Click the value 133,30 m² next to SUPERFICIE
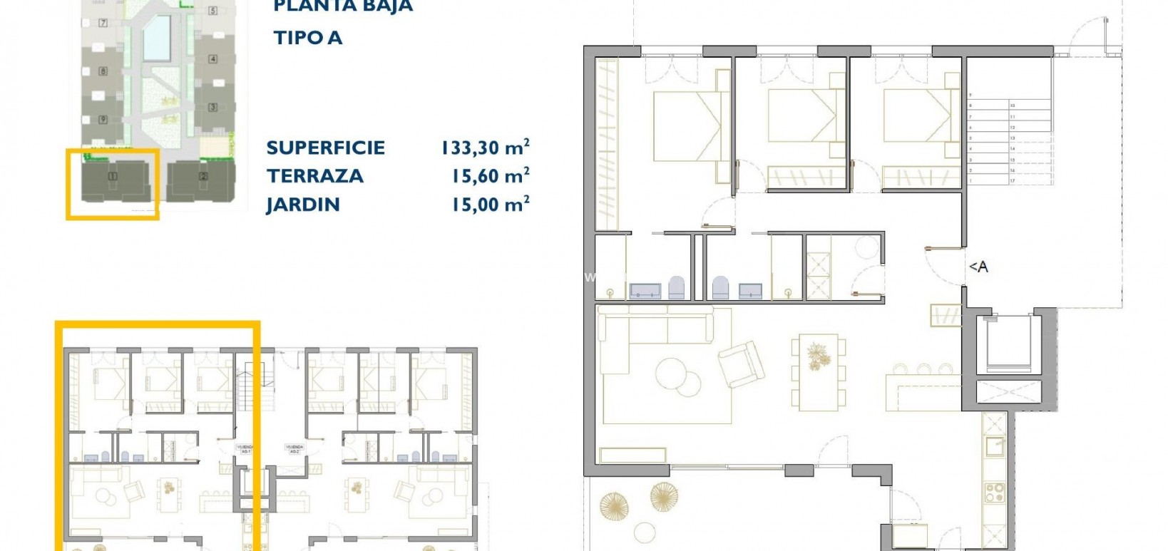click(485, 148)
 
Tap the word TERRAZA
click(314, 176)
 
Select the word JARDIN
click(302, 205)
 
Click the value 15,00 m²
click(490, 205)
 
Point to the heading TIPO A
click(308, 38)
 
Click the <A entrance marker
click(978, 267)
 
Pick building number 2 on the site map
click(203, 176)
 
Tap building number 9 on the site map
click(103, 120)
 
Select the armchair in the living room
click(742, 363)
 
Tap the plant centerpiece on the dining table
click(816, 355)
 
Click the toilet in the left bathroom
click(677, 288)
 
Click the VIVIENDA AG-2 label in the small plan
click(294, 449)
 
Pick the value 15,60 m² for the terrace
click(490, 176)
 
